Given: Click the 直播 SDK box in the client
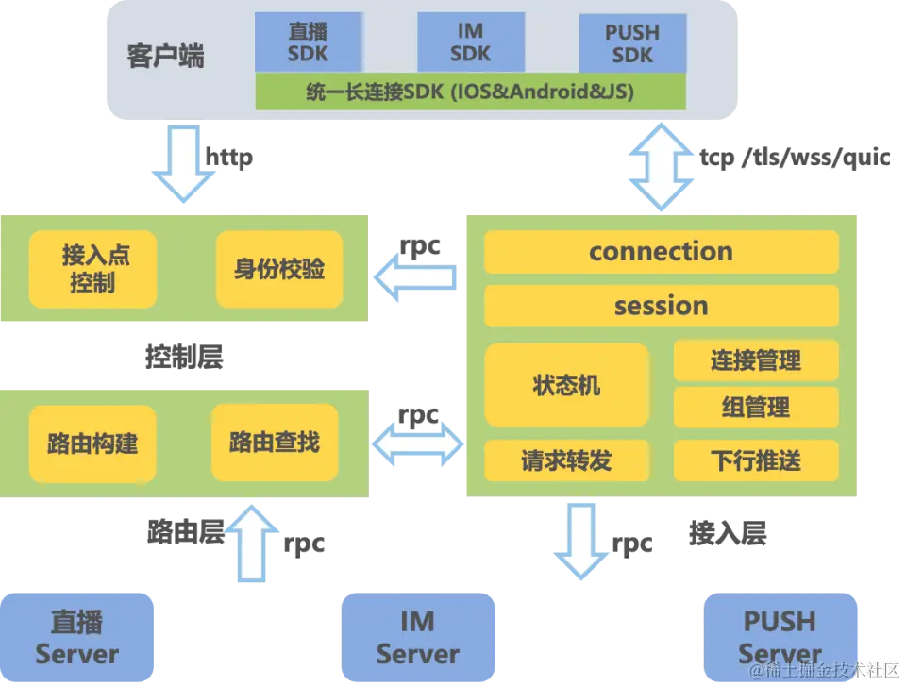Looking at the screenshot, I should coord(309,42).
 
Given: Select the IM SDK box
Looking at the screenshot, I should coord(470,42).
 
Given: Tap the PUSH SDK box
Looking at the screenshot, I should coord(631,42).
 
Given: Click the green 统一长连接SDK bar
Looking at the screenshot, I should coord(470,92).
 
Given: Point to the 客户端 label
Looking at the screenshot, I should coord(165,56).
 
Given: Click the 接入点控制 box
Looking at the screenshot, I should coord(92,269).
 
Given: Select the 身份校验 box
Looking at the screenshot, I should coord(279,269).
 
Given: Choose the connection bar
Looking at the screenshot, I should coord(661,252).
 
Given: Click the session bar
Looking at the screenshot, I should coord(661,306).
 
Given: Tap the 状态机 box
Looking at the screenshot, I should coord(566,385).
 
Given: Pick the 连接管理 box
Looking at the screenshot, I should coord(755,360).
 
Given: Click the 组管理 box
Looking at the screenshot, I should coord(755,408).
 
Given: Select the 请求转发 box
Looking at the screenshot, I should coord(566,460).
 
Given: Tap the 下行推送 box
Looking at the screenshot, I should coord(755,460).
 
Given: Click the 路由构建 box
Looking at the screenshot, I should coord(92,443).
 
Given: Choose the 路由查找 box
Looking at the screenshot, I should coord(274,441).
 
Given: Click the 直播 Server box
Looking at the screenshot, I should coord(77,638).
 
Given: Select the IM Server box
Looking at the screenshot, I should coord(417,638).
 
